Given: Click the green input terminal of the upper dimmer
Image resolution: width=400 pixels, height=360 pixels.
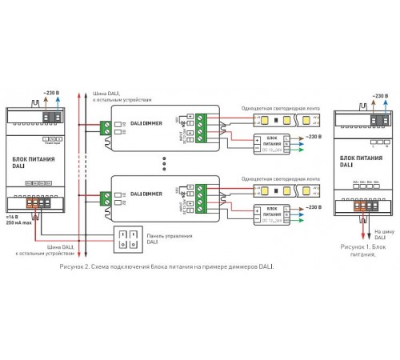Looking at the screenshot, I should tap(106, 126).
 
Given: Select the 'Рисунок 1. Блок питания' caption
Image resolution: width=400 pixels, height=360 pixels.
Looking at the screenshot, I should tap(364, 250).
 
